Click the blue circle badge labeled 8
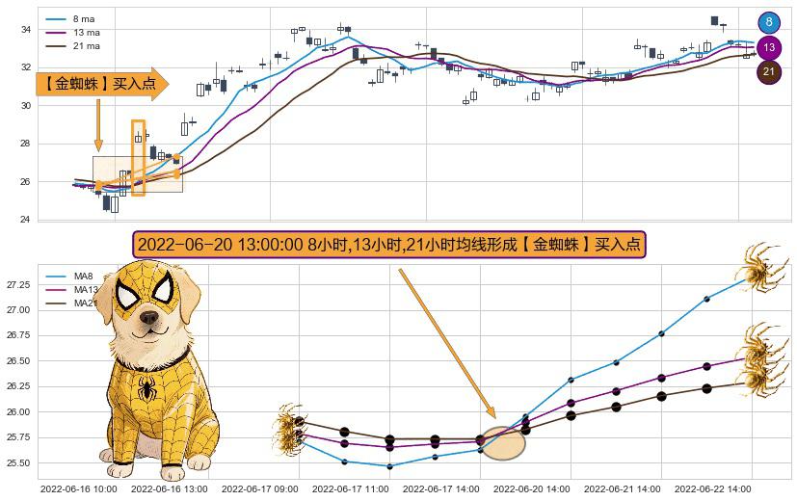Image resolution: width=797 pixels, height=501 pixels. (769, 22)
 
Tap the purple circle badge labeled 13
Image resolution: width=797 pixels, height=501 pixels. (769, 47)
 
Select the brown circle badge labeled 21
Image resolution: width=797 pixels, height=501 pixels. (769, 72)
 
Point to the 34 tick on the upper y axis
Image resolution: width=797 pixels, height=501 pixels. (26, 30)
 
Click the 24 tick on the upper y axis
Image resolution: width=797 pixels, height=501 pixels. (26, 220)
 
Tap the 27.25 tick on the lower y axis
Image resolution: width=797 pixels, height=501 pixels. (17, 285)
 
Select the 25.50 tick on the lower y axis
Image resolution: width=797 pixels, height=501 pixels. (17, 463)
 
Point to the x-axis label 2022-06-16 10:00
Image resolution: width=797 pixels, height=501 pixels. (77, 489)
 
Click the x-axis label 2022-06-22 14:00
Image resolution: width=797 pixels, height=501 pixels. (712, 489)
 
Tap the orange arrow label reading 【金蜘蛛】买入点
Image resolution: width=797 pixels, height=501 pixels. (100, 84)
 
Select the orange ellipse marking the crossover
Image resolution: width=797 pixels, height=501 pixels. (502, 442)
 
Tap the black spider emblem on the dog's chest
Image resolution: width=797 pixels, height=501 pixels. (147, 387)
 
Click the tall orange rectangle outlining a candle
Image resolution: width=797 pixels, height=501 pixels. (138, 157)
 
